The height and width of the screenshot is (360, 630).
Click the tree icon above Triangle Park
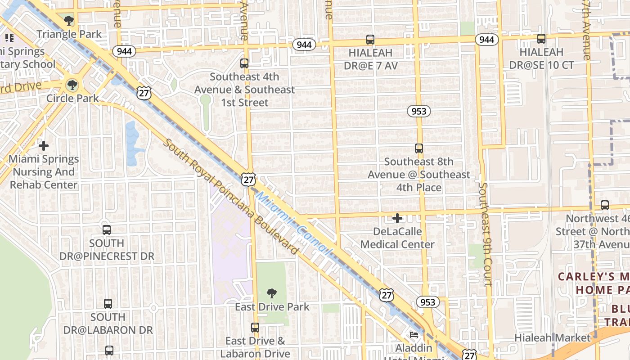click(69, 20)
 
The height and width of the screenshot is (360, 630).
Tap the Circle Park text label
click(72, 98)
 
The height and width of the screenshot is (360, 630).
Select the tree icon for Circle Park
click(72, 85)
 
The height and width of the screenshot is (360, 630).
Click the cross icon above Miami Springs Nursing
click(44, 146)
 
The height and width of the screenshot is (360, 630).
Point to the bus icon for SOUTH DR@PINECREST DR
click(107, 230)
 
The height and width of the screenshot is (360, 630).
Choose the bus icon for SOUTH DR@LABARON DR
click(108, 304)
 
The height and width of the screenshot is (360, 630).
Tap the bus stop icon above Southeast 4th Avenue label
click(244, 63)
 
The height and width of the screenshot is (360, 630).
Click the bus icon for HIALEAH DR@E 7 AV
click(370, 40)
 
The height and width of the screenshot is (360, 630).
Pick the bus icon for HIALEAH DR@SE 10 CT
click(541, 39)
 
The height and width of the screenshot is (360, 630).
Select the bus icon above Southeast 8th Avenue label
click(419, 148)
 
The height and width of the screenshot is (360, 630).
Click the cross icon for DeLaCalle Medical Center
click(397, 219)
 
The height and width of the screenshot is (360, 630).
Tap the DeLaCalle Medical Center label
click(397, 238)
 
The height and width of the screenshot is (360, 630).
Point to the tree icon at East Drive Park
click(272, 293)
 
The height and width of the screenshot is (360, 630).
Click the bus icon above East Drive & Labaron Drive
click(255, 328)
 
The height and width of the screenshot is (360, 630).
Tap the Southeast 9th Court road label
click(485, 234)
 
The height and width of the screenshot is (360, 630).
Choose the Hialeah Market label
click(553, 337)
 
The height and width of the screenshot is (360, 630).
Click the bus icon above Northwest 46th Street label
click(605, 205)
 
